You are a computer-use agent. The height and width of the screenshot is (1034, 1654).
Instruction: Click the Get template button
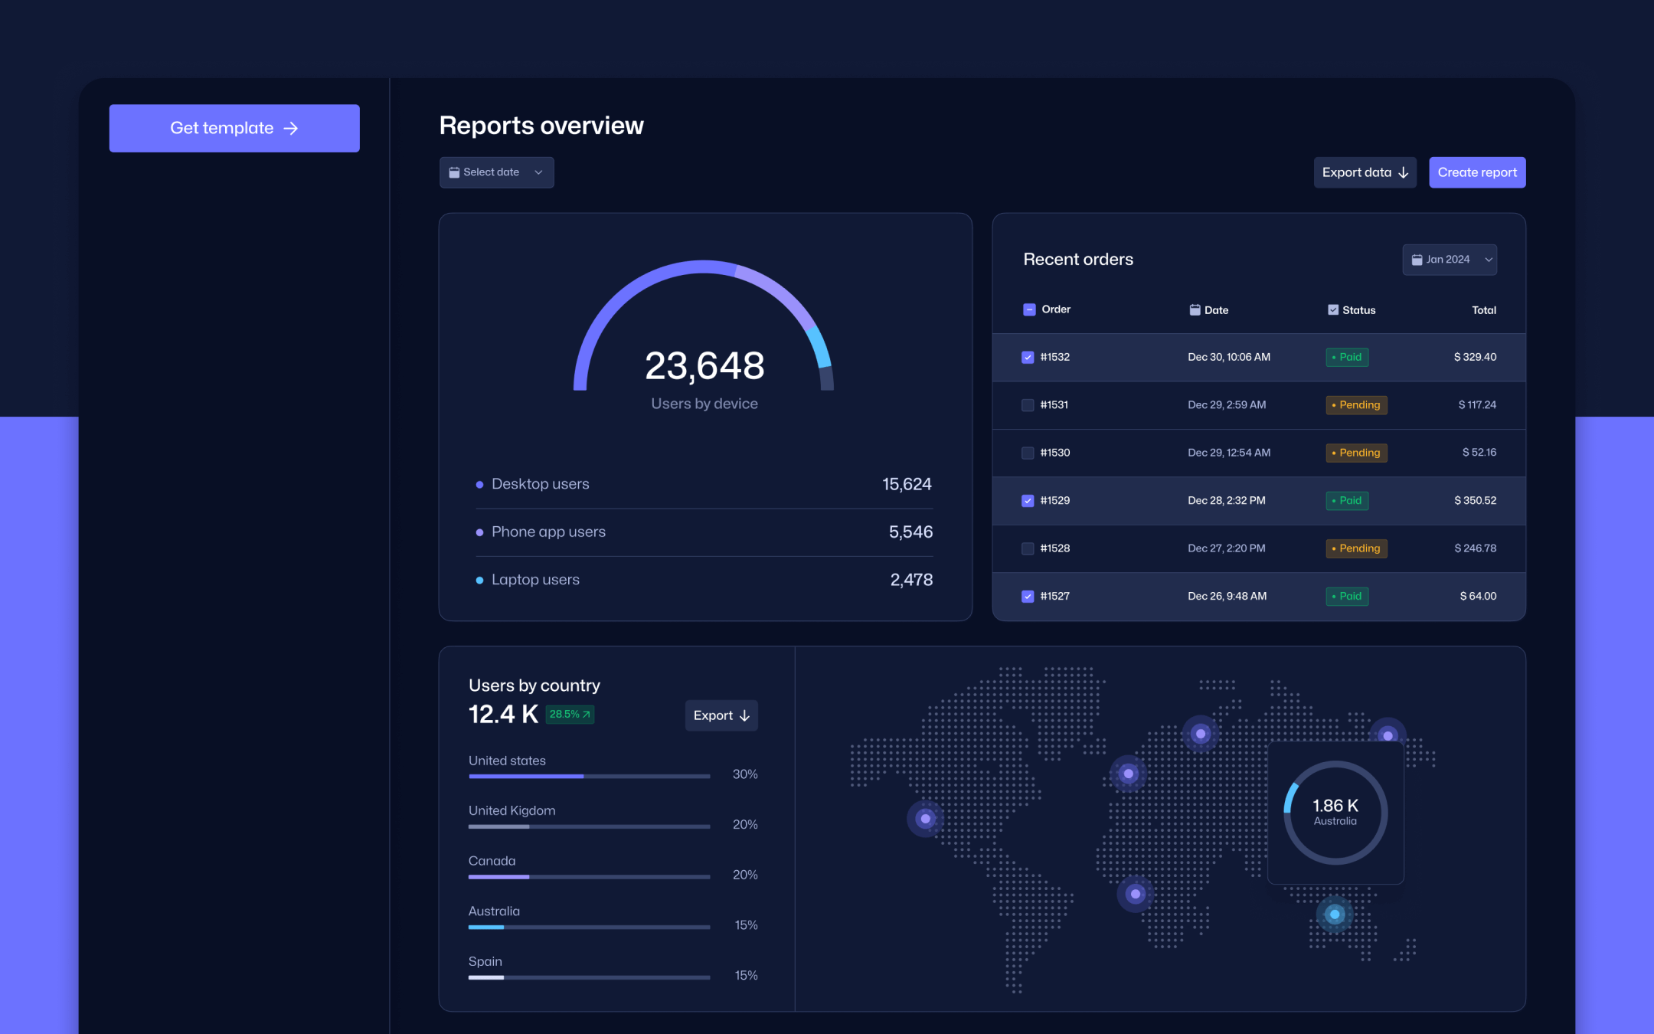(x=234, y=128)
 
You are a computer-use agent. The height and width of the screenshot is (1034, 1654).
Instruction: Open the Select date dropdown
(x=496, y=172)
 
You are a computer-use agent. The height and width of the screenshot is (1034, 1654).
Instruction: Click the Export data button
(x=1365, y=172)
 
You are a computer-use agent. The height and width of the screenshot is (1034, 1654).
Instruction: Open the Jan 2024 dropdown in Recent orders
(x=1450, y=260)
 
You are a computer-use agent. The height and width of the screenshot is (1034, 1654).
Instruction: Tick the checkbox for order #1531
(x=1028, y=405)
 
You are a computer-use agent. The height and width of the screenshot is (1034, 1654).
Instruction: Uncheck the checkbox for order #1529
(x=1028, y=501)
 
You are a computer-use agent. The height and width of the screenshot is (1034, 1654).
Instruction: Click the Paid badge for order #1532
(x=1347, y=357)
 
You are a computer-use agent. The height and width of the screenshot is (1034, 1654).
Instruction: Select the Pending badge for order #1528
(x=1356, y=548)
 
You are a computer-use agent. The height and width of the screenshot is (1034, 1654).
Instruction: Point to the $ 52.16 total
(x=1479, y=453)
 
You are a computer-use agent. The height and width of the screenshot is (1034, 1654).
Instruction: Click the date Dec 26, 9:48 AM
(x=1227, y=596)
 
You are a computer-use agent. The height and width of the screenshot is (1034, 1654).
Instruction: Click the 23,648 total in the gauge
(x=704, y=365)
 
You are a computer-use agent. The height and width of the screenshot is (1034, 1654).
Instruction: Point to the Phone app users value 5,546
(x=910, y=532)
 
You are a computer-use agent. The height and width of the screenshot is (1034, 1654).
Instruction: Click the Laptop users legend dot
(x=479, y=580)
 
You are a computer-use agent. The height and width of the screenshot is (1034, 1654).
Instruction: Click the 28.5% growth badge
(x=570, y=715)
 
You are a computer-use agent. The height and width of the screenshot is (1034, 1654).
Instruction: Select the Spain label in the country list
(x=485, y=961)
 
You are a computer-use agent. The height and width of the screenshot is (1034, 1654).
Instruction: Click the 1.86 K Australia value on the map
(x=1335, y=807)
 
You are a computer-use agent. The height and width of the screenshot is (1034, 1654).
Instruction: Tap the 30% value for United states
(x=745, y=774)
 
